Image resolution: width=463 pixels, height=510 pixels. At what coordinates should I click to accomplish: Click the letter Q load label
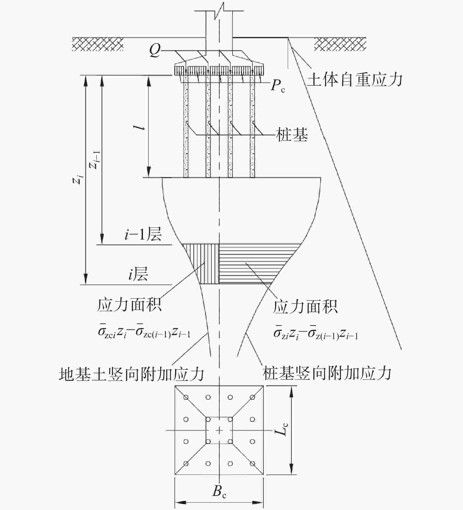155,51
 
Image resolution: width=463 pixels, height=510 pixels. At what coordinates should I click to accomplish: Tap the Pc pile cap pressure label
278,86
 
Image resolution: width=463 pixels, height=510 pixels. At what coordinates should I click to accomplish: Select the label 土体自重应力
355,80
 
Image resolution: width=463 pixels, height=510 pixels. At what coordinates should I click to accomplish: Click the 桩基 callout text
292,135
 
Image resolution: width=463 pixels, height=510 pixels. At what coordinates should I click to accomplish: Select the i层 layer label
138,274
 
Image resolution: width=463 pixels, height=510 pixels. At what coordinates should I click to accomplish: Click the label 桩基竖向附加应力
327,373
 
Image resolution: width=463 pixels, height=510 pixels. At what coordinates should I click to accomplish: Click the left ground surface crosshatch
98,44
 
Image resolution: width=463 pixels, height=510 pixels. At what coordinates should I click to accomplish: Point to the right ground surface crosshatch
340,44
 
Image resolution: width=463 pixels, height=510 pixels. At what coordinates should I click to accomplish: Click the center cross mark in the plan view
219,430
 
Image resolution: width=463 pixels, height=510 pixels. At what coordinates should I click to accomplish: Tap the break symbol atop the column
219,12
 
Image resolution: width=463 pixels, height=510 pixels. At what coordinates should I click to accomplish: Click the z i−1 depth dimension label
95,160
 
